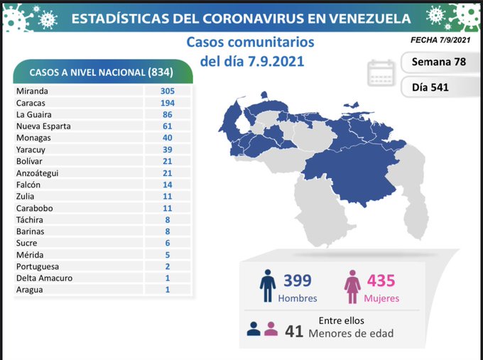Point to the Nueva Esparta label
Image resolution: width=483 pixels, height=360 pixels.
tap(45, 126)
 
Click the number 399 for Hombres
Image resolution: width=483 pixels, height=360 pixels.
tap(297, 281)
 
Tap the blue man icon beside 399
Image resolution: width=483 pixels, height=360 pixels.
tap(267, 287)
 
